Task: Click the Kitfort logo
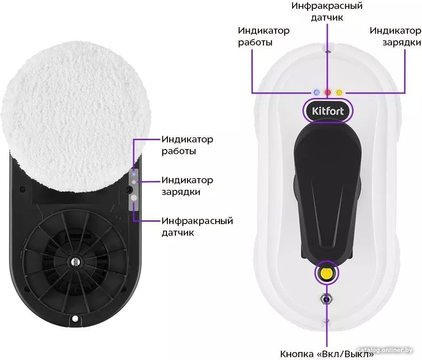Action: click(x=328, y=111)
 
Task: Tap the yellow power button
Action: click(x=326, y=273)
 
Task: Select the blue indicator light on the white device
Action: click(x=316, y=92)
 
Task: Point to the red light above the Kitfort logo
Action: click(x=328, y=92)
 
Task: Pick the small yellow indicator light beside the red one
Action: click(x=339, y=92)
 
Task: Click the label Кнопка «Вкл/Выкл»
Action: click(x=327, y=354)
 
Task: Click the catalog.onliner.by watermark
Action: click(x=385, y=350)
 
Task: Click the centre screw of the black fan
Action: click(x=75, y=261)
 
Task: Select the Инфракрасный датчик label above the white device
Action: click(x=327, y=12)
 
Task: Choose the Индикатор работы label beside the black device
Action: click(x=187, y=145)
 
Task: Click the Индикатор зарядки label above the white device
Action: click(x=395, y=36)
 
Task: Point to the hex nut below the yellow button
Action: click(x=326, y=299)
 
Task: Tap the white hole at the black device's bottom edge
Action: click(x=75, y=319)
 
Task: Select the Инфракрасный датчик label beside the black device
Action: click(x=197, y=226)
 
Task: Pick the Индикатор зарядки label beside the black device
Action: click(x=187, y=186)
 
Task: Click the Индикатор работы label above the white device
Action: click(x=264, y=36)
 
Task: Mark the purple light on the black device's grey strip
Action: click(x=134, y=174)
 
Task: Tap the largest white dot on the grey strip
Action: click(x=134, y=198)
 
